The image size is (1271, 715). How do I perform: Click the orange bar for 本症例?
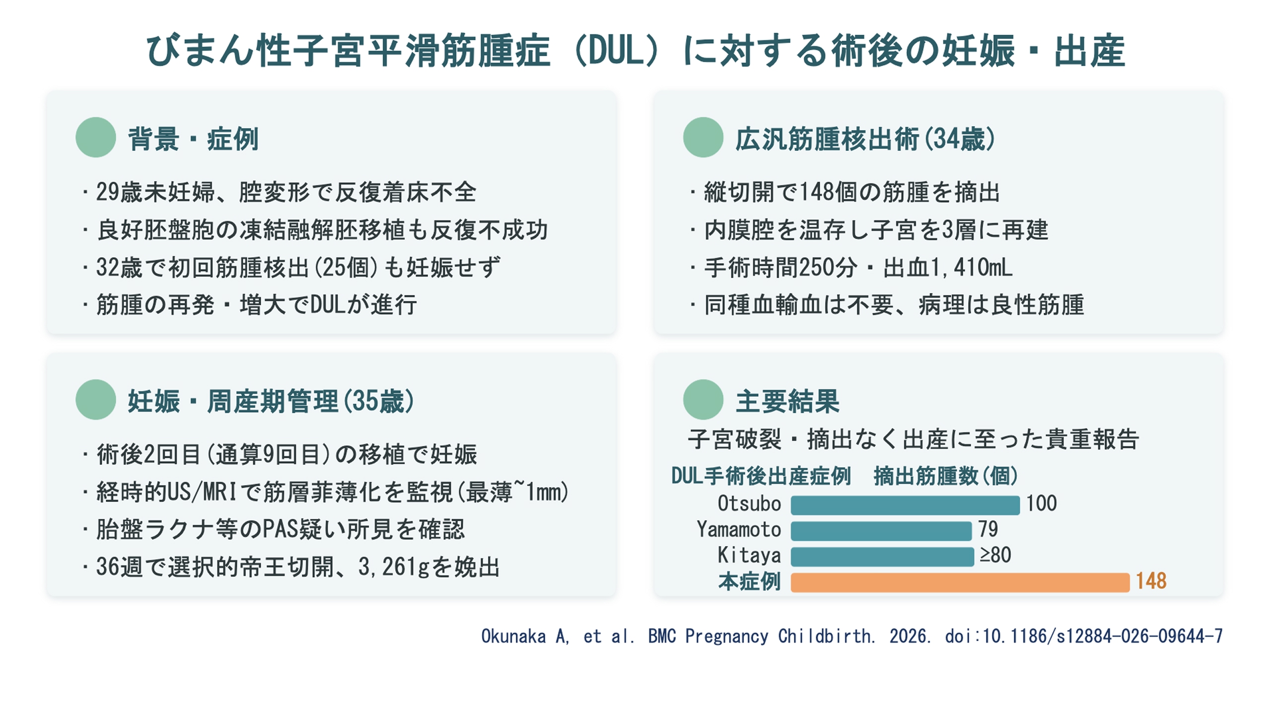pos(960,582)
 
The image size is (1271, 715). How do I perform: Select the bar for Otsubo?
pos(905,505)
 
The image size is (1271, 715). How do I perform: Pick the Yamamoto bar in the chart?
pos(881,531)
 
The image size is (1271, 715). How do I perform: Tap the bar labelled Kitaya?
pos(882,557)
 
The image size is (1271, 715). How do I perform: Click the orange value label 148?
pos(1151,581)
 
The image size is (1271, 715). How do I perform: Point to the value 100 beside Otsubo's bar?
pos(1041,503)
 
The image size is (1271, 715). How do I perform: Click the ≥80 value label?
pos(995,555)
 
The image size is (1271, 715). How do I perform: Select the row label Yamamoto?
pos(739,529)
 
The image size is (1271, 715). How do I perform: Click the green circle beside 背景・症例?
pos(96,138)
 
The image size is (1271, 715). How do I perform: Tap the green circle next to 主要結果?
pos(703,400)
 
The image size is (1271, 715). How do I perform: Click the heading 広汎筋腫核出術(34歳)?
pos(865,139)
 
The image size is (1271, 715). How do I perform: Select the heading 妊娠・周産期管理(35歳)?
pos(271,401)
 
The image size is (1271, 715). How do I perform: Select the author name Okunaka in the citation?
pos(513,636)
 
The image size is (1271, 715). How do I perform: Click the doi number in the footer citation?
pos(1102,636)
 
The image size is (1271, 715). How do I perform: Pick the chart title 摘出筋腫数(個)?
pos(946,476)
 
